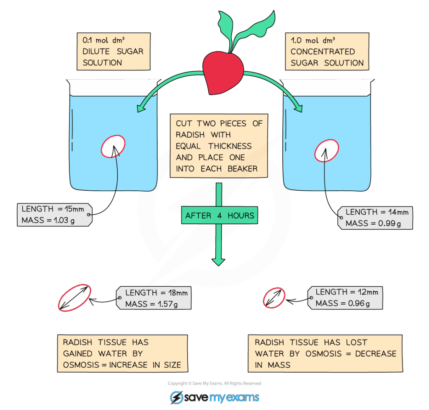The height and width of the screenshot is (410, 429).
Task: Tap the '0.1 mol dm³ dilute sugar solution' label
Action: pyautogui.click(x=113, y=52)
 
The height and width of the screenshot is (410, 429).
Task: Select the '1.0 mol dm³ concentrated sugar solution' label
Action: pyautogui.click(x=327, y=52)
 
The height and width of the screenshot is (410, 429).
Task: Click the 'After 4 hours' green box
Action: pyautogui.click(x=220, y=215)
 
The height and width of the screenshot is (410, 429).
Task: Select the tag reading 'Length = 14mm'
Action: pyautogui.click(x=377, y=218)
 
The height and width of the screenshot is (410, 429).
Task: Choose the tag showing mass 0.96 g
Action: pyautogui.click(x=345, y=297)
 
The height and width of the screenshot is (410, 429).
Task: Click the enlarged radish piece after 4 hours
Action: pyautogui.click(x=75, y=298)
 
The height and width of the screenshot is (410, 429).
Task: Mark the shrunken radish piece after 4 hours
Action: pyautogui.click(x=274, y=298)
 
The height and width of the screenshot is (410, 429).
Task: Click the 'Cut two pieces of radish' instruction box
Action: pyautogui.click(x=219, y=146)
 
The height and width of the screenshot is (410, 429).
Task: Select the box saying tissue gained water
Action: pyautogui.click(x=122, y=353)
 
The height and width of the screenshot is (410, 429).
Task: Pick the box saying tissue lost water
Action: pyautogui.click(x=325, y=353)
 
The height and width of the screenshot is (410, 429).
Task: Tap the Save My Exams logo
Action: pyautogui.click(x=214, y=397)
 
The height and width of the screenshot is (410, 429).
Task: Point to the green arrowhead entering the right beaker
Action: pyautogui.click(x=298, y=107)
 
